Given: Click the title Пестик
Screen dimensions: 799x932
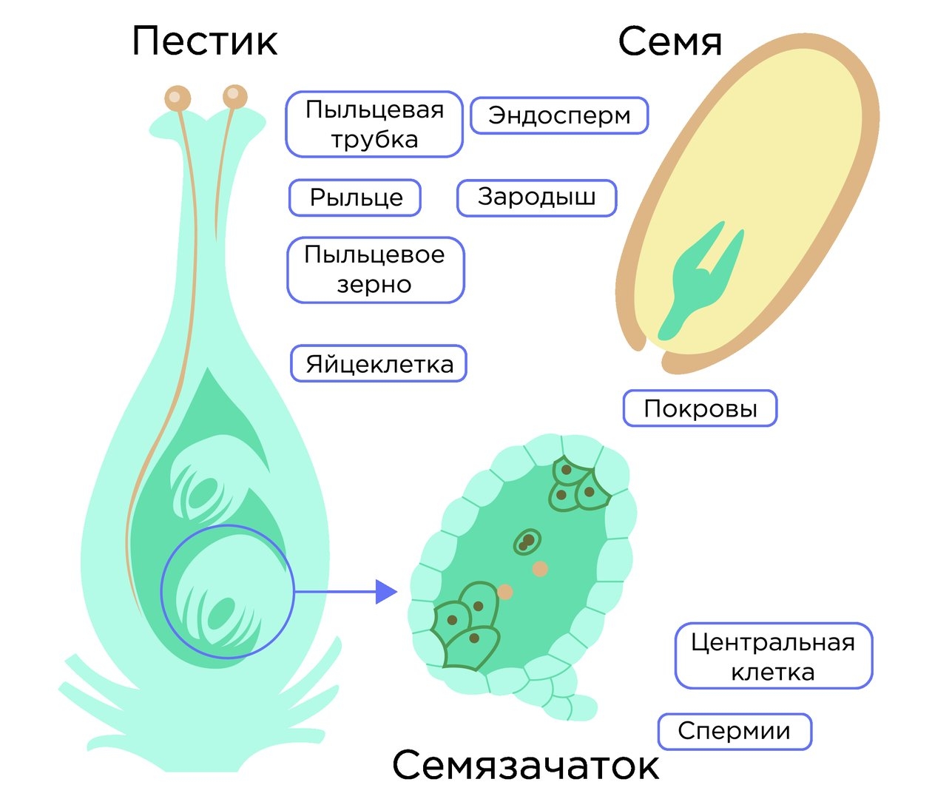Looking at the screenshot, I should click(x=205, y=41).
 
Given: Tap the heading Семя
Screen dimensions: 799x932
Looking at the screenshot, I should click(x=669, y=41).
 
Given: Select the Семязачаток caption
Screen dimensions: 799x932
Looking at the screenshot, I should click(x=525, y=765).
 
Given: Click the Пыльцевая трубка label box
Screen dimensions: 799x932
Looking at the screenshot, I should click(x=374, y=124).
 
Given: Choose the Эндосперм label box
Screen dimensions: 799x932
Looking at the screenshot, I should click(x=559, y=115).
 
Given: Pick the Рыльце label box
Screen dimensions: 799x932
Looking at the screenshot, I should click(x=355, y=198).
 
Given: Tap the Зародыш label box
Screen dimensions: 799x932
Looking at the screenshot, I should click(x=536, y=198).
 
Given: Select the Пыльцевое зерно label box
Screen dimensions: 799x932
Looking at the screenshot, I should click(x=375, y=269).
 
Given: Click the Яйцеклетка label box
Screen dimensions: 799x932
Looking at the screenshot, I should click(x=379, y=363).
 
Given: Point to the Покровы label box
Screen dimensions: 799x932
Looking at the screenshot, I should click(x=700, y=408).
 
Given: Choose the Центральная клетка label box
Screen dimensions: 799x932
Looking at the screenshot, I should click(x=773, y=656).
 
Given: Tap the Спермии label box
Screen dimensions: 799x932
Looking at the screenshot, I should click(x=734, y=731).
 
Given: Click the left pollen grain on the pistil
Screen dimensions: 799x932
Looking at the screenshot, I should click(x=178, y=98).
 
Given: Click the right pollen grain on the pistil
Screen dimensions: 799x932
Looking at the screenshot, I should click(x=234, y=96).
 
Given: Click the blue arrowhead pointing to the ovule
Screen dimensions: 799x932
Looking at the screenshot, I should click(x=385, y=592).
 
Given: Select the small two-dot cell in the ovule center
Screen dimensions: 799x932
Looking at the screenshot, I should click(x=527, y=542).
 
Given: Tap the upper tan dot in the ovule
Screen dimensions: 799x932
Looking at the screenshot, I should click(x=541, y=568).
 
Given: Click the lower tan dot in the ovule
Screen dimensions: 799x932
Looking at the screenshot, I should click(x=505, y=591).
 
